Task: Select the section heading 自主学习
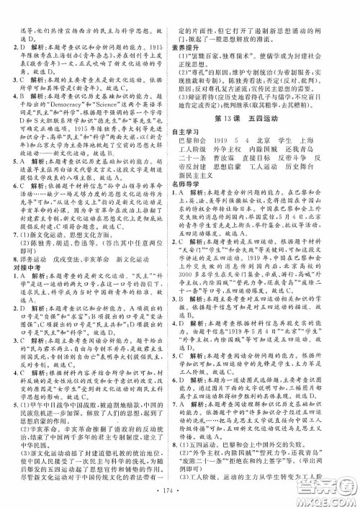tap(191, 131)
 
